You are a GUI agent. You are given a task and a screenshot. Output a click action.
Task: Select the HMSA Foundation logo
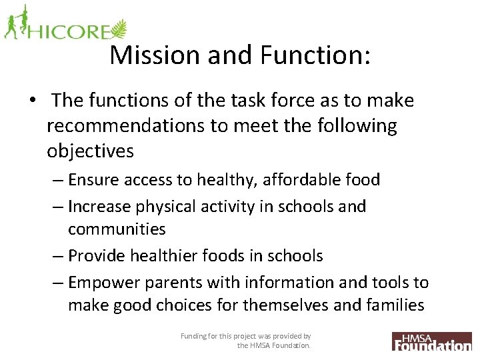431,341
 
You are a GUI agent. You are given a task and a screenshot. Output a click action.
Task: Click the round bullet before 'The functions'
32,101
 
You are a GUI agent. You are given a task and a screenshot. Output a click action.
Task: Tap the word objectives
90,151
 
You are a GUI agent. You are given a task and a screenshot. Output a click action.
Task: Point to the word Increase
99,207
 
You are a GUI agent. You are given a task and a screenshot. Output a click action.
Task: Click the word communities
117,229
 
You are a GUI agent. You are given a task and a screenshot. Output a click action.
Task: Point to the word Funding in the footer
194,337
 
